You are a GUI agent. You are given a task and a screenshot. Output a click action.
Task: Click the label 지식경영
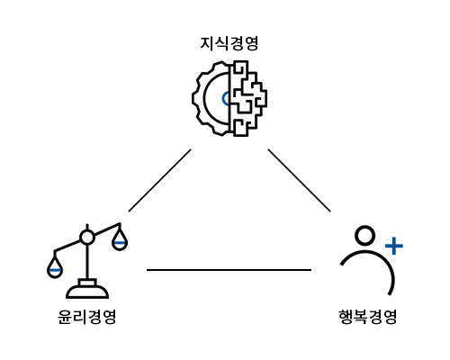click(229, 44)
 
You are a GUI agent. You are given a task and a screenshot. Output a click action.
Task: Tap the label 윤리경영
click(86, 317)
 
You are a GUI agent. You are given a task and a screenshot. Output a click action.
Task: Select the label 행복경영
click(368, 317)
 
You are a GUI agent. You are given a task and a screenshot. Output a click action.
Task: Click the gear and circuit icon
click(229, 98)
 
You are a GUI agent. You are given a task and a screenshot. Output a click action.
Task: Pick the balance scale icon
click(87, 261)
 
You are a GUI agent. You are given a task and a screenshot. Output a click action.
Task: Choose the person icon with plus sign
click(372, 260)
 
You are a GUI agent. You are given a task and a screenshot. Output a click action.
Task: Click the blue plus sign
click(394, 246)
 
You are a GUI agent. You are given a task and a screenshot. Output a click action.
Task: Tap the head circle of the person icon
click(364, 236)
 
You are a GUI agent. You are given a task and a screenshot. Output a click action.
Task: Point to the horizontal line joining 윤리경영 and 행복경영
click(229, 270)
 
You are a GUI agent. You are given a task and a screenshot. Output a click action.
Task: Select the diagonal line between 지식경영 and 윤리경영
click(159, 180)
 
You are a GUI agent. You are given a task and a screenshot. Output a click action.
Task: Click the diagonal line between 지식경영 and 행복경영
click(299, 180)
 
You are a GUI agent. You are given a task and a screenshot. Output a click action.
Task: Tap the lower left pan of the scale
click(55, 267)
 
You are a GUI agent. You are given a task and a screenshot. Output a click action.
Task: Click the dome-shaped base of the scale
click(87, 292)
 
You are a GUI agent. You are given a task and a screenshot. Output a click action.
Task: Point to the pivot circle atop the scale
click(87, 238)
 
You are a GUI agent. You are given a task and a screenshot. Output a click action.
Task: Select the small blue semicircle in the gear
click(224, 99)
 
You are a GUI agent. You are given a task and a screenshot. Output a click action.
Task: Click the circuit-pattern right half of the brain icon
click(248, 98)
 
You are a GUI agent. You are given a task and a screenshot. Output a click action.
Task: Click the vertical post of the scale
click(87, 262)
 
